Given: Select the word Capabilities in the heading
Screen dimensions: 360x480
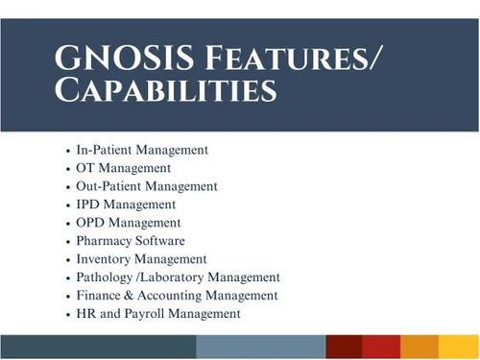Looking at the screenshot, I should point(166,92).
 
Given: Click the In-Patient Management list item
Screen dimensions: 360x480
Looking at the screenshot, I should point(142,151).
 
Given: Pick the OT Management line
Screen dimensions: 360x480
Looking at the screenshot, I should point(124,169).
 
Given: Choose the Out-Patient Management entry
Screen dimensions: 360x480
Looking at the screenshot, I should point(147,186).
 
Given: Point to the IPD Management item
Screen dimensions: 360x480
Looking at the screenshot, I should point(126,204).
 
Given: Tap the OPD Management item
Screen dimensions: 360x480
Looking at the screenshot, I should point(129,223).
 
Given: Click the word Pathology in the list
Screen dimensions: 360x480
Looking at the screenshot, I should point(107,277).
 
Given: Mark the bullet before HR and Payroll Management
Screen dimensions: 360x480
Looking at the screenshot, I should point(67,314).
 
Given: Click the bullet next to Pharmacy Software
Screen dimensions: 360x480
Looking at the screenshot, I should point(67,241).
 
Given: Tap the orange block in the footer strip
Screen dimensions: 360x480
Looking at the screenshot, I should point(420,347).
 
